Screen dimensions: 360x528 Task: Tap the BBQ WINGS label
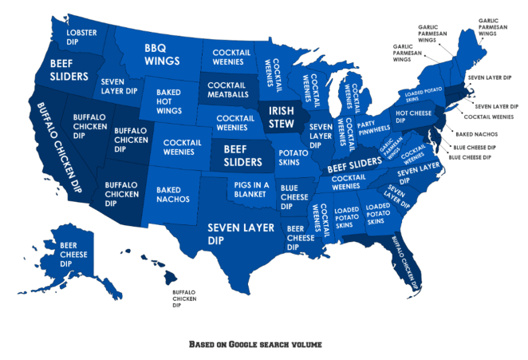click(x=162, y=54)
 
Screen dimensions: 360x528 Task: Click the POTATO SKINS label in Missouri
click(x=292, y=156)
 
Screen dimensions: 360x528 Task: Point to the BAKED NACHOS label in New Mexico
click(x=174, y=194)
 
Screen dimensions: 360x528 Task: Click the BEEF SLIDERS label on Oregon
click(x=69, y=69)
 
